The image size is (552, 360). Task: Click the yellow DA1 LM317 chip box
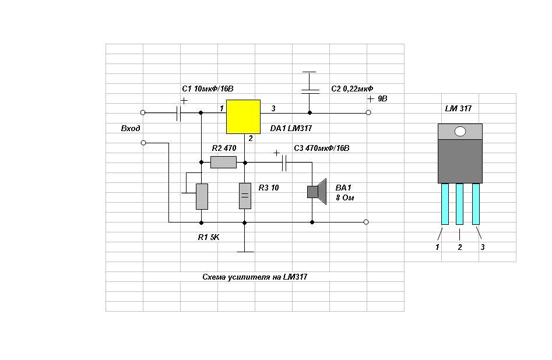243,117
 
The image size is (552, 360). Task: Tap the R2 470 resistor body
224,162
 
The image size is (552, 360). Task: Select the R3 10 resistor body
245,196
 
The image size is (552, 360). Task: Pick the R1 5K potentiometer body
202,197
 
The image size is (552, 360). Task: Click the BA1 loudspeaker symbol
317,192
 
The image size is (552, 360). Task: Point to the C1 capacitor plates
178,113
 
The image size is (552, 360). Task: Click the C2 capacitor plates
310,91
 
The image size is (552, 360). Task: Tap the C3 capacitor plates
284,163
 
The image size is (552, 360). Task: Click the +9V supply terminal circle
368,112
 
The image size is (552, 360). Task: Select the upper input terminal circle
143,112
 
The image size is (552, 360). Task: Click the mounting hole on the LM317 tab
460,132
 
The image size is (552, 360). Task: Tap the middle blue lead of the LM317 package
459,204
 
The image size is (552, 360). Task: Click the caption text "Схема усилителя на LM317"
255,277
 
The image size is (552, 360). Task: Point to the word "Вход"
131,128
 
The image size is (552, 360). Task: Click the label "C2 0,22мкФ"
352,89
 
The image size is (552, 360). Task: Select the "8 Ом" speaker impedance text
345,198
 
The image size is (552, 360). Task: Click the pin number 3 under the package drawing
483,248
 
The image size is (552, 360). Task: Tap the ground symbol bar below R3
245,252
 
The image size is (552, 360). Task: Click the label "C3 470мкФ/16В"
321,148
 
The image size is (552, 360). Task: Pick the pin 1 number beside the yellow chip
221,108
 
